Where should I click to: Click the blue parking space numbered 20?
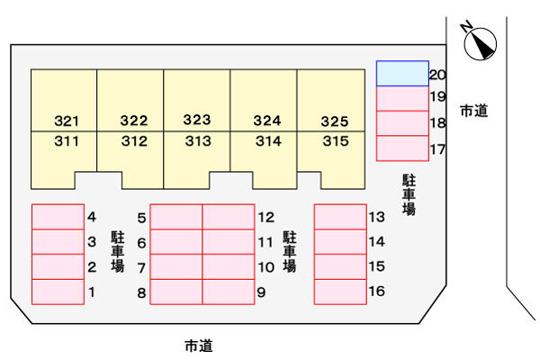click(x=402, y=74)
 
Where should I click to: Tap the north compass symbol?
click(x=479, y=42)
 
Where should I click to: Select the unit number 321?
click(x=67, y=121)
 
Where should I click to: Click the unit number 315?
click(x=336, y=141)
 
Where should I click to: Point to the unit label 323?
click(x=197, y=120)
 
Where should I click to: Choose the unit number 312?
click(x=134, y=141)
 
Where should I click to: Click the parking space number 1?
click(x=92, y=292)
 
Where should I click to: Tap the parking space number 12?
click(x=266, y=218)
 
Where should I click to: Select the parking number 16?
click(x=377, y=291)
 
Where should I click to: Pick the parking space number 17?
click(x=437, y=149)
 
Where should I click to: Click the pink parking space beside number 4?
click(x=58, y=217)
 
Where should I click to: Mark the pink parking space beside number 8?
click(x=176, y=292)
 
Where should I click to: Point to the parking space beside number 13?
click(x=340, y=217)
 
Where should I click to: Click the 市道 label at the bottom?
click(x=199, y=346)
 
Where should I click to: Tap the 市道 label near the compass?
click(x=474, y=111)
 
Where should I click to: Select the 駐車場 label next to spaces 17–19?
click(x=409, y=195)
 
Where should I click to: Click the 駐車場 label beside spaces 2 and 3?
click(x=117, y=252)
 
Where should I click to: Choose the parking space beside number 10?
click(x=229, y=266)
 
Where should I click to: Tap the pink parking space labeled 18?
click(x=402, y=123)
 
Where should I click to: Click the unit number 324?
click(x=267, y=121)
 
